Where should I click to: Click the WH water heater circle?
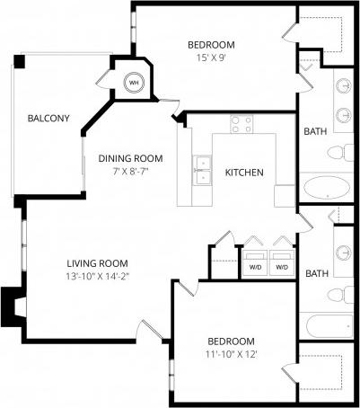[134, 83]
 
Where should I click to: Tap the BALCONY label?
[48, 119]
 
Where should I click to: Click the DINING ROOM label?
[131, 158]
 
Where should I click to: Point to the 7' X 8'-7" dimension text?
[131, 172]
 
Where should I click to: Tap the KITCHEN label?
[243, 172]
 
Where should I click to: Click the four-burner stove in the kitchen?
[241, 124]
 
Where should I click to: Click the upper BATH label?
[315, 131]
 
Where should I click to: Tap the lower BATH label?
[315, 273]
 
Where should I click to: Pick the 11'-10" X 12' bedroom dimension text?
[231, 355]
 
